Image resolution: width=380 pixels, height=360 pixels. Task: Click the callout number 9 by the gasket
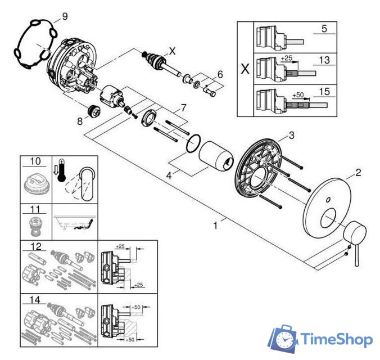65,16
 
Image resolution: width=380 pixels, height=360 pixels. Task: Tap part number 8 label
80,121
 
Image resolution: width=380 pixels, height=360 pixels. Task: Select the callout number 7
183,107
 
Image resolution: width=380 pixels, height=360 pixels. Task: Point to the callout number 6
220,74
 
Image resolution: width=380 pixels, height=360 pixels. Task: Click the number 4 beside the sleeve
169,175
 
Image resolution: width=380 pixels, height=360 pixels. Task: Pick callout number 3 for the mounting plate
292,135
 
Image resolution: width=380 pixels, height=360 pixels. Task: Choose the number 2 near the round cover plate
358,173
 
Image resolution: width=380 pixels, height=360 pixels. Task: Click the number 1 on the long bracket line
215,226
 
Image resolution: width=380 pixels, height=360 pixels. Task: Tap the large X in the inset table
245,69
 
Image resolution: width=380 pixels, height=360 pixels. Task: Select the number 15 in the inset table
324,92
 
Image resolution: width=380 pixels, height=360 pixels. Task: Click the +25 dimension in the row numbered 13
287,58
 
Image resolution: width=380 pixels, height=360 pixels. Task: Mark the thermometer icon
61,170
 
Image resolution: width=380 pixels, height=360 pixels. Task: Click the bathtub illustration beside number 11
75,222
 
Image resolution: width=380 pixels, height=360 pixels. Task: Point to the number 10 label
35,161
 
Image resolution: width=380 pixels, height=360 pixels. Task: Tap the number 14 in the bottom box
34,300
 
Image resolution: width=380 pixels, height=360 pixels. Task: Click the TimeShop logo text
336,339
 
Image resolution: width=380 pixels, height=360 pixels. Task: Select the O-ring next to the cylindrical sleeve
193,143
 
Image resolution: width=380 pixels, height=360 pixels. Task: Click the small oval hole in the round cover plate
328,200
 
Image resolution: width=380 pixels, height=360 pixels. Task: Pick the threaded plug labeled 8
95,111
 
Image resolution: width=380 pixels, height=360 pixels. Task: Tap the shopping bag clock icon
283,339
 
